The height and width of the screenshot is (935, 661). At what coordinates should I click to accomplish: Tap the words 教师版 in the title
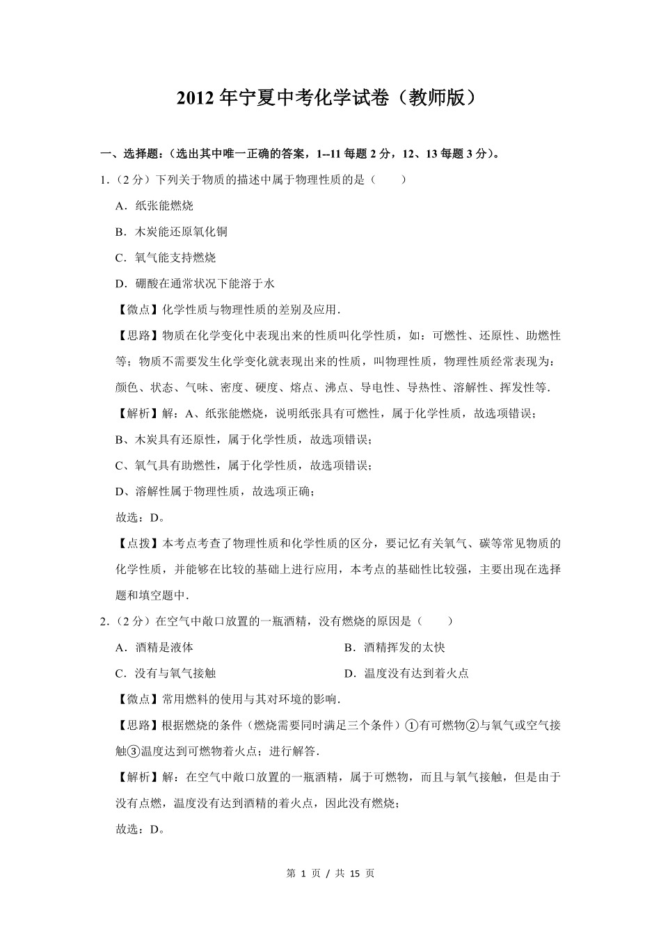point(436,99)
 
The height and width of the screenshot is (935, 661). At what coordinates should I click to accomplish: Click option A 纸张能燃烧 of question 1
point(154,206)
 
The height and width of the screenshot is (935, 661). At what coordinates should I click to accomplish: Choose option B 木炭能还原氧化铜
point(171,232)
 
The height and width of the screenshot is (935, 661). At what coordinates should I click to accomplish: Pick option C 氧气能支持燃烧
point(166,257)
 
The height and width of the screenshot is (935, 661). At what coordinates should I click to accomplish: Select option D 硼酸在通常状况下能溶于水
point(195,283)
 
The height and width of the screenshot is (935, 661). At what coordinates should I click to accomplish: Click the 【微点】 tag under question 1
point(138,310)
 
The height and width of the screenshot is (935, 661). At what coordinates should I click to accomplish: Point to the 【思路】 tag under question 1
point(138,335)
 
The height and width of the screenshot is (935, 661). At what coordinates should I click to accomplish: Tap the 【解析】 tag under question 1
point(138,413)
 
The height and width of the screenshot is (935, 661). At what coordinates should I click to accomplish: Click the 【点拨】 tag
point(138,543)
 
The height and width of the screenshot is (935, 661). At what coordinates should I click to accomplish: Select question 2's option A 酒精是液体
point(154,648)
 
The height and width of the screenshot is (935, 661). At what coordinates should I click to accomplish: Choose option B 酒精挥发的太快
point(395,648)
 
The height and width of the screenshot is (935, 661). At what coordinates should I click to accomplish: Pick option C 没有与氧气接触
point(166,673)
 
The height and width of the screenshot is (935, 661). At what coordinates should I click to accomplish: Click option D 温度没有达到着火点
point(406,673)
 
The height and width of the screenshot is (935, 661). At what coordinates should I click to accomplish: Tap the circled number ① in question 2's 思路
point(411,726)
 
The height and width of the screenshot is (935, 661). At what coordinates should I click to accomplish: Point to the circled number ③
point(134,751)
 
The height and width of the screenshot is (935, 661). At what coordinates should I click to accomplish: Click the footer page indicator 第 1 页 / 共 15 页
point(330,874)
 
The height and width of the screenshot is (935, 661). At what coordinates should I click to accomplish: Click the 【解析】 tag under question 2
point(138,777)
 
